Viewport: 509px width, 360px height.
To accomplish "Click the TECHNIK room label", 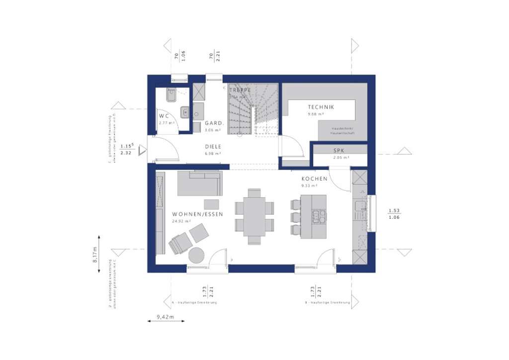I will [x=321, y=107].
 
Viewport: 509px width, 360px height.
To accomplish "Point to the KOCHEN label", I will [x=314, y=179].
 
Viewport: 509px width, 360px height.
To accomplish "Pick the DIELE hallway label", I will [x=213, y=147].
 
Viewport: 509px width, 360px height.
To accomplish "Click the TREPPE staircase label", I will [x=240, y=90].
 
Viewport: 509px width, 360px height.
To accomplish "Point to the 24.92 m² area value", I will [x=182, y=221].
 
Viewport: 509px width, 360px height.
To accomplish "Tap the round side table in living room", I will [x=197, y=255].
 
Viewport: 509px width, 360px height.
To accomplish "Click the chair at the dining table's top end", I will [x=254, y=193].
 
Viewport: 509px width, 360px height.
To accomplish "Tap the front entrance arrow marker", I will [x=142, y=150].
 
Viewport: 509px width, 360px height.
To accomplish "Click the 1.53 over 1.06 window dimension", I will [x=394, y=213].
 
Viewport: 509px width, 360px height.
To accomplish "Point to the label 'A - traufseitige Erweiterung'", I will [x=194, y=302].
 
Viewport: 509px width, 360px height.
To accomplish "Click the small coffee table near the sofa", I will [x=211, y=204].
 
